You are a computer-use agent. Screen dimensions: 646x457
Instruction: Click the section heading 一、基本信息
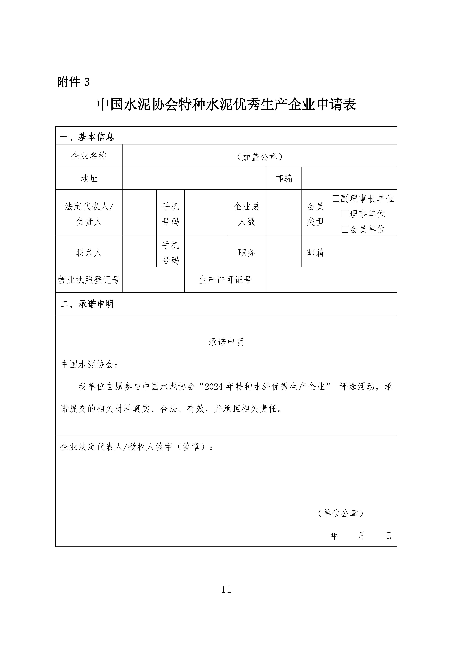pyautogui.click(x=87, y=137)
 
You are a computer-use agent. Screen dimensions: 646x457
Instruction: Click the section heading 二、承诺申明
pyautogui.click(x=87, y=304)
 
